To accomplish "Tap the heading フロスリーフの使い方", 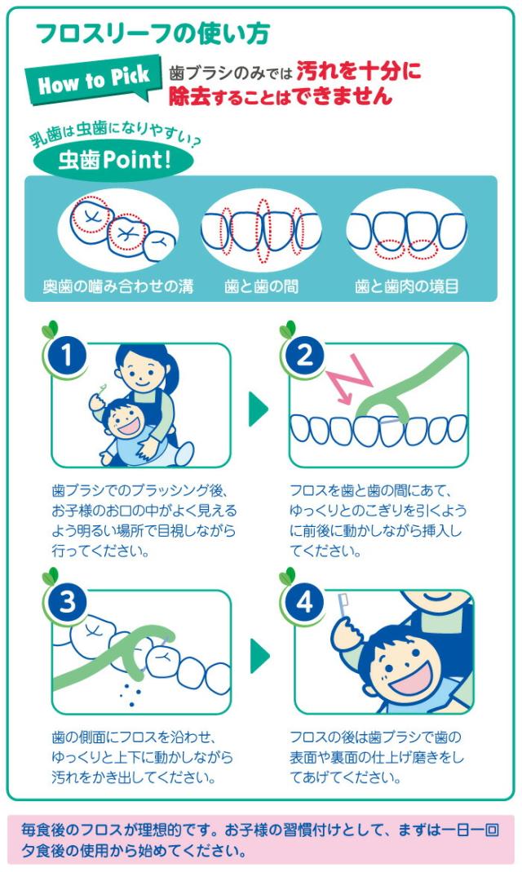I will [x=153, y=33].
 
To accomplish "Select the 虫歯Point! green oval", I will [x=114, y=159].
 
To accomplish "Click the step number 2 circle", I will [x=304, y=355].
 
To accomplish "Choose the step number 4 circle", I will [x=304, y=603].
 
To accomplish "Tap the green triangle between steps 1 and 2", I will [x=258, y=407].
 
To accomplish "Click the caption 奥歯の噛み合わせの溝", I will [x=117, y=287].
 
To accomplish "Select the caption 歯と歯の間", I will [x=261, y=287].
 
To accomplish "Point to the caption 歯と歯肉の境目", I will [x=406, y=287].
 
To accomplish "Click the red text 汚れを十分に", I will [x=359, y=72].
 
